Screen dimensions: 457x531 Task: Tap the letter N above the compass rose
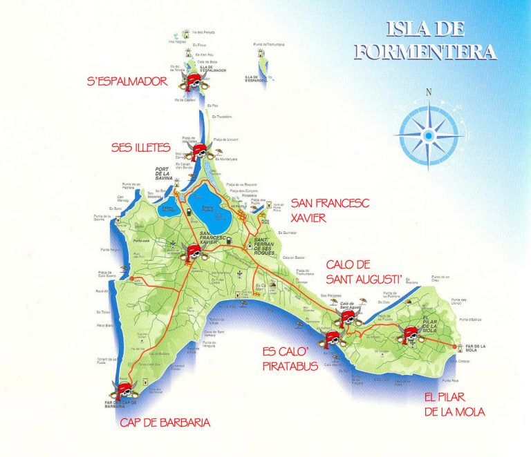(429, 93)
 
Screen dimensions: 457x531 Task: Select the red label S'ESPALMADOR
(128, 81)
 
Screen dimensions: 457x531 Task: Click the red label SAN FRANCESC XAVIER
(320, 210)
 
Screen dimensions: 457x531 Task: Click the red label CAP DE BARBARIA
(165, 422)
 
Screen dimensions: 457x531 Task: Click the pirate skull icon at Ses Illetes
(200, 151)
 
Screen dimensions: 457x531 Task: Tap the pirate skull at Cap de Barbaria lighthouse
(125, 384)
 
